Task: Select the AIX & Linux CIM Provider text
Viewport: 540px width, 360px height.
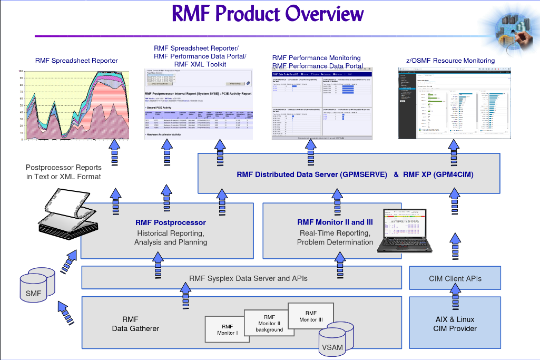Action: click(x=455, y=324)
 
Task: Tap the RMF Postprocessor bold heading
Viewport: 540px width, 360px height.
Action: click(x=170, y=222)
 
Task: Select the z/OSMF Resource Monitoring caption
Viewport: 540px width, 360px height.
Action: click(x=450, y=61)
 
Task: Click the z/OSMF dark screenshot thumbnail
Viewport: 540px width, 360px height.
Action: click(x=454, y=103)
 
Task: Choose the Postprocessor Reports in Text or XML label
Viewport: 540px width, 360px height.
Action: click(x=64, y=172)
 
